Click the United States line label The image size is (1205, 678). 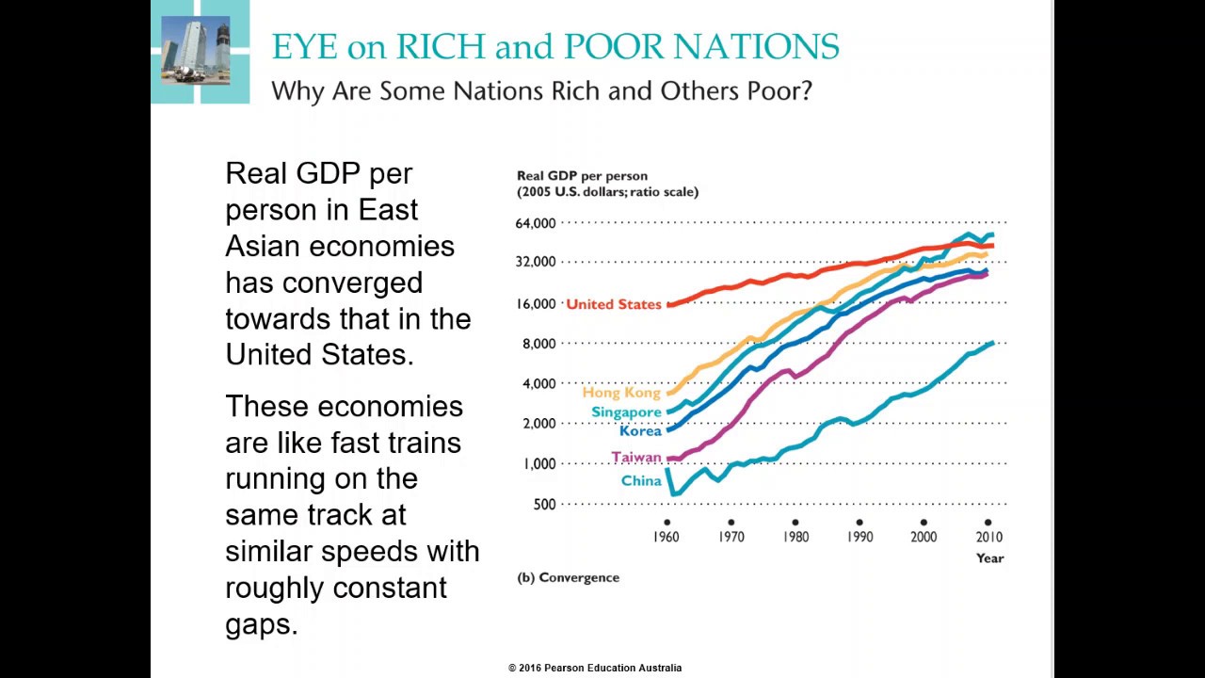tap(613, 304)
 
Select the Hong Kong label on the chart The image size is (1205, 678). tap(621, 393)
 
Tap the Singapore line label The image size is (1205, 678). tap(626, 412)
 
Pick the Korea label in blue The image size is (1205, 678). tap(640, 431)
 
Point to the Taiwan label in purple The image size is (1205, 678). tap(636, 458)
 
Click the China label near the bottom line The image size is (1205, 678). tap(641, 481)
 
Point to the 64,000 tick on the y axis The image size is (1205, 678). tap(532, 223)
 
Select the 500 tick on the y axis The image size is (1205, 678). tap(544, 505)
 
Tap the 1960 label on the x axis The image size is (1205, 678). tap(667, 537)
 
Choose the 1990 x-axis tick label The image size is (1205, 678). tap(859, 537)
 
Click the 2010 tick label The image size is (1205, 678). tap(988, 537)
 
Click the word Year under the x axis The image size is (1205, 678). tap(989, 558)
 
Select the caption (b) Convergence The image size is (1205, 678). tap(568, 577)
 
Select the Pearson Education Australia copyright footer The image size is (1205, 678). tap(595, 668)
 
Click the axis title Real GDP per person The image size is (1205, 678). tap(582, 176)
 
